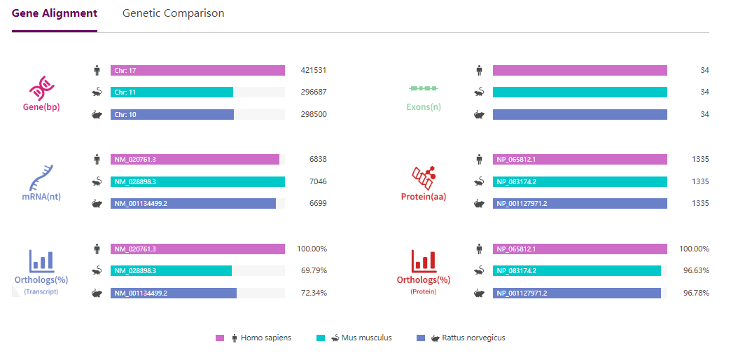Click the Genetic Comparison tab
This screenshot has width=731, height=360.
[173, 13]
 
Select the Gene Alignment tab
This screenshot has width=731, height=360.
[55, 13]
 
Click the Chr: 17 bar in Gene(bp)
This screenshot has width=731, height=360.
[197, 70]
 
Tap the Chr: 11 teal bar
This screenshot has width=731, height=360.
[172, 92]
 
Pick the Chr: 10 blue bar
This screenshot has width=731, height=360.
[172, 114]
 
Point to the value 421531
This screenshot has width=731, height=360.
[313, 70]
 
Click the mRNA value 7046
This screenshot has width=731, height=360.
[318, 181]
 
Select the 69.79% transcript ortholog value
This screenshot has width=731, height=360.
[314, 270]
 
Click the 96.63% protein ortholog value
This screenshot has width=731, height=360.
[696, 270]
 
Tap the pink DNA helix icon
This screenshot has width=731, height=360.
[41, 88]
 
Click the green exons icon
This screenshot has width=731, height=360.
[424, 89]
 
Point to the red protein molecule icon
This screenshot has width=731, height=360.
[423, 176]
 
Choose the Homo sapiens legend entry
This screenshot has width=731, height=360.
[259, 338]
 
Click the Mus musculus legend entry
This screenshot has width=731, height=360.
[360, 338]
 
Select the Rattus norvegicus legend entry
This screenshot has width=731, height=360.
[466, 338]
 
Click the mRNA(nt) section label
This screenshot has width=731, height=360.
[41, 197]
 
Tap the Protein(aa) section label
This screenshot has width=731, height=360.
[424, 197]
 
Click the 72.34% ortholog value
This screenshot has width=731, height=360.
[314, 293]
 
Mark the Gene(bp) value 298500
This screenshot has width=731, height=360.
[313, 114]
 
